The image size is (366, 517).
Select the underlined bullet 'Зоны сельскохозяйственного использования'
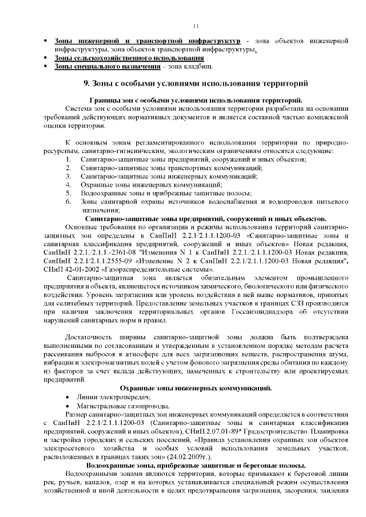click(x=129, y=58)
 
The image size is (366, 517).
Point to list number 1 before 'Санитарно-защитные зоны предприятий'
click(x=68, y=159)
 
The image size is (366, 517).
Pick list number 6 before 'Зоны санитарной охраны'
click(x=68, y=202)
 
